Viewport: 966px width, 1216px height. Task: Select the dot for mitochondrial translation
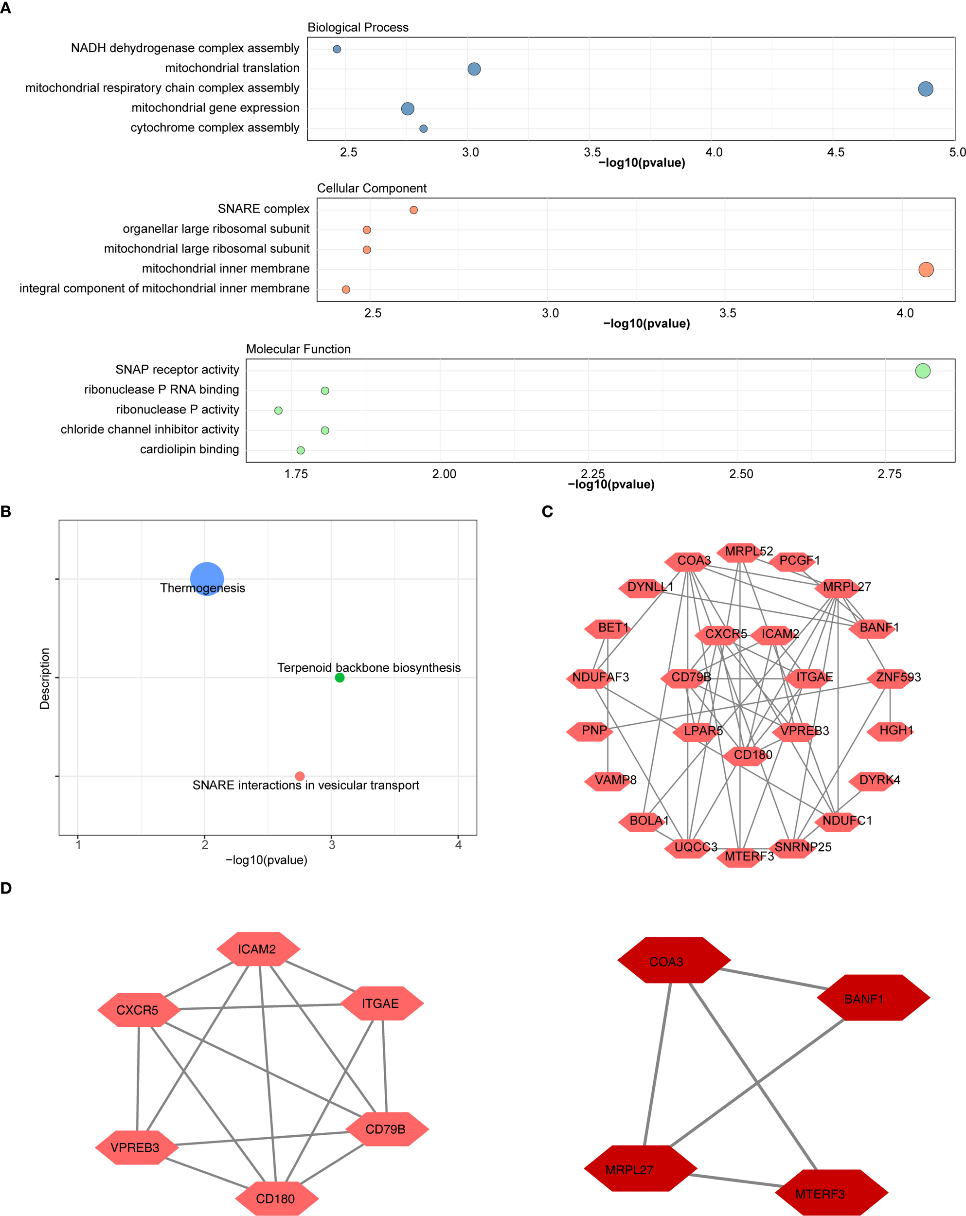(474, 69)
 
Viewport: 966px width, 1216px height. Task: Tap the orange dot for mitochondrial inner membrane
(926, 269)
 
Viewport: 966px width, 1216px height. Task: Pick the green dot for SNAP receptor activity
(922, 371)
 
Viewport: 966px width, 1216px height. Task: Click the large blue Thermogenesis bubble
(206, 579)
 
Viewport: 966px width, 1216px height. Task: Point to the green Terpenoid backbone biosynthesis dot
(340, 678)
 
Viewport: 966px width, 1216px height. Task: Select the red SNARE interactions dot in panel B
(300, 776)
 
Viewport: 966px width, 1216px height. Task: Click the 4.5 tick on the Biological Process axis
(835, 152)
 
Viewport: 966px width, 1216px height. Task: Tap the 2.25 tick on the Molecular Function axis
(592, 474)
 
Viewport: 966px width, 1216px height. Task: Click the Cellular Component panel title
(371, 188)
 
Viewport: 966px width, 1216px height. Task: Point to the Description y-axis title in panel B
(45, 678)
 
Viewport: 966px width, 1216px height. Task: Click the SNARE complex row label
(263, 209)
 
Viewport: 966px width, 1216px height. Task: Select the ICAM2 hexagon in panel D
(257, 949)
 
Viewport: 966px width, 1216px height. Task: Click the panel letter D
(6, 888)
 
